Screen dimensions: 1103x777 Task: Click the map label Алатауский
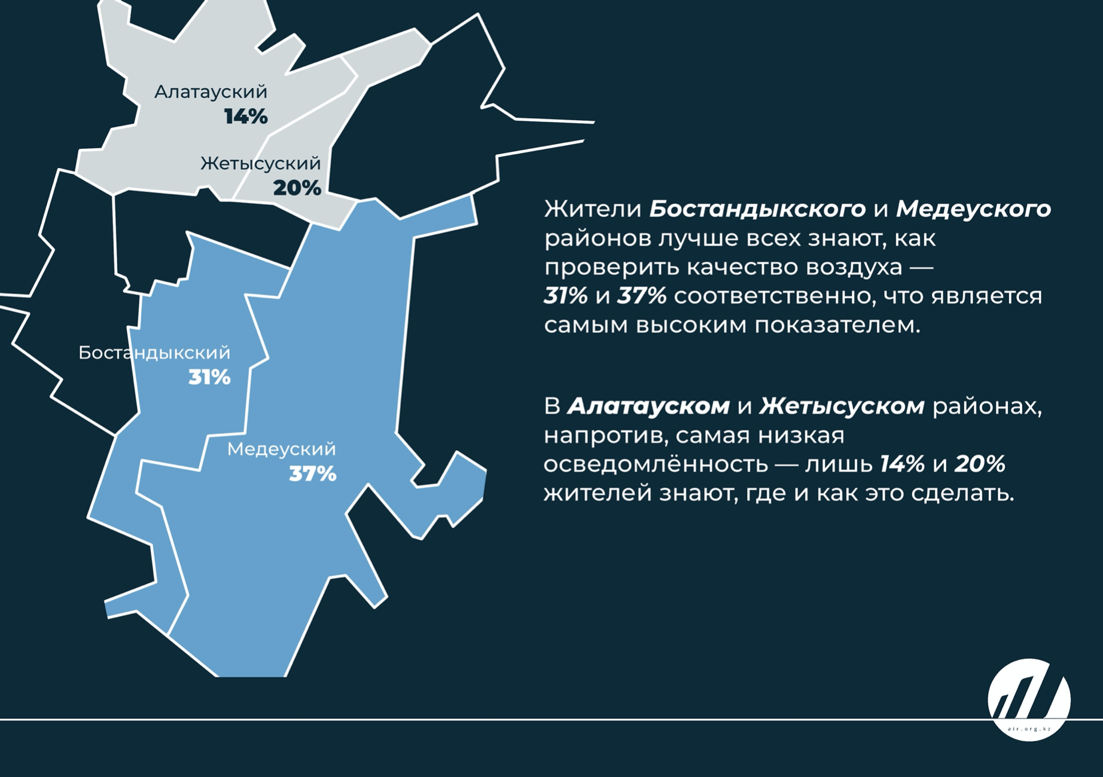point(211,92)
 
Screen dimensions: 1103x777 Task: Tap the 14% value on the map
point(246,117)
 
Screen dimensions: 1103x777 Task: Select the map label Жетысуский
point(261,164)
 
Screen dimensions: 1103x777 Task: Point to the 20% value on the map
point(297,188)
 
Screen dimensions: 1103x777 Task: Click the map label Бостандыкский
point(154,353)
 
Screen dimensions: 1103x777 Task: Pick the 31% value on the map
point(209,378)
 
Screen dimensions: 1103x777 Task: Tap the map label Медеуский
point(281,449)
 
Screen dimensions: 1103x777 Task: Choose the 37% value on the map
point(313,475)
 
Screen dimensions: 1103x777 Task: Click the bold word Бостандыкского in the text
point(757,209)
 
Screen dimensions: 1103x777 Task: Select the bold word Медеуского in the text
point(973,209)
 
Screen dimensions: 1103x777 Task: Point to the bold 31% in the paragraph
point(566,296)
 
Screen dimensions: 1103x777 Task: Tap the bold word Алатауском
point(648,406)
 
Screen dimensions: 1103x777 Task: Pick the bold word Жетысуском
point(842,406)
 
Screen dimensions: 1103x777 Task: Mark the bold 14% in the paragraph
point(902,464)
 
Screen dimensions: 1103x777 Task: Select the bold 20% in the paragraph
point(980,464)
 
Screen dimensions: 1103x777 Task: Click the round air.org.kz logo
point(1029,699)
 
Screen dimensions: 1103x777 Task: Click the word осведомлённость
point(655,464)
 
